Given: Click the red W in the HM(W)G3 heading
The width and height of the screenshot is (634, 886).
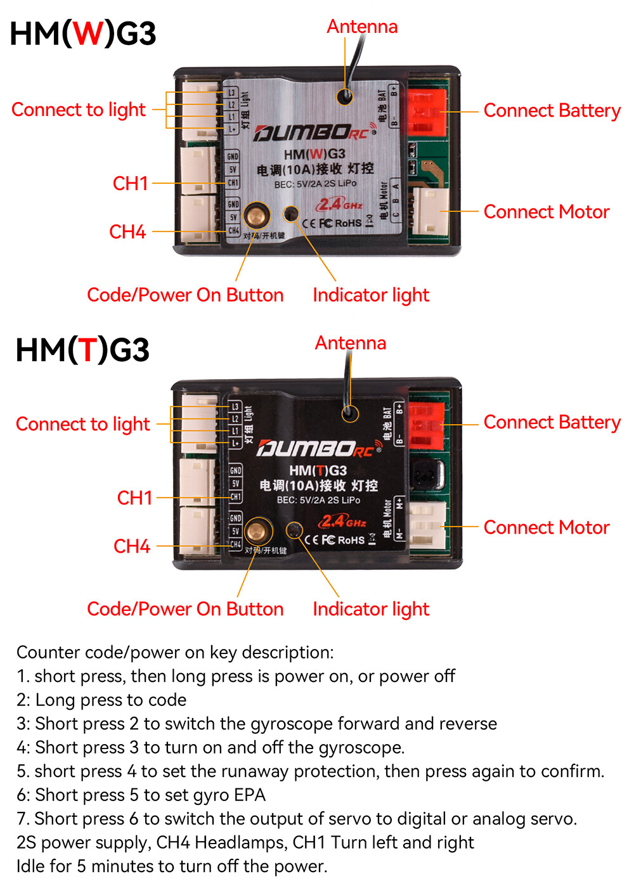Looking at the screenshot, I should [87, 34].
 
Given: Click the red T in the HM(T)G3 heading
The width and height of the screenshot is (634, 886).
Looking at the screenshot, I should [88, 350].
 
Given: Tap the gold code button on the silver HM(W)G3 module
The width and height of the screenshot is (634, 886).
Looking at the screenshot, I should [257, 215].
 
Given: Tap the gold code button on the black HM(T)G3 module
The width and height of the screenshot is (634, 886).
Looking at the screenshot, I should [257, 530].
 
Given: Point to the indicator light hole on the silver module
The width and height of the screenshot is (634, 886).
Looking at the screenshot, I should [291, 214].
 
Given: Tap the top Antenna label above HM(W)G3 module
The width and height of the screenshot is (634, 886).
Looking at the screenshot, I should [362, 27].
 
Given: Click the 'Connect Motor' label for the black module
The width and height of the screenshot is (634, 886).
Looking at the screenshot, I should [546, 527].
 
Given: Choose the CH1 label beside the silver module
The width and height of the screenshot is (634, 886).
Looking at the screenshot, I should [130, 183].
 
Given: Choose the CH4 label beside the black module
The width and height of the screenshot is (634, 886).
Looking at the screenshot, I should [132, 546].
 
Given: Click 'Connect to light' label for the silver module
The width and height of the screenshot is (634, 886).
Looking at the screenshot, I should [79, 110].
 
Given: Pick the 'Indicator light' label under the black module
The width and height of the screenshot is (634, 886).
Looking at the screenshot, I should [371, 609].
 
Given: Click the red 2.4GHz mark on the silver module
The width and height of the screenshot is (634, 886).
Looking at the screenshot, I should [340, 204].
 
